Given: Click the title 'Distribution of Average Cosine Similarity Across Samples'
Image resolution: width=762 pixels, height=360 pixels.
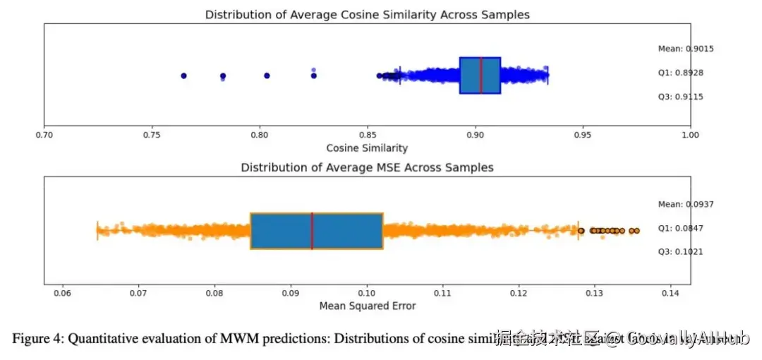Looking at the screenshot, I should click(x=367, y=14).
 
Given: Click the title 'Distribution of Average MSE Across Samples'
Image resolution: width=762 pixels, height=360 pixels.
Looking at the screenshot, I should click(x=367, y=167).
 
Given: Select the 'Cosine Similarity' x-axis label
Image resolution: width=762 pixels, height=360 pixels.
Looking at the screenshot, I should click(x=367, y=148).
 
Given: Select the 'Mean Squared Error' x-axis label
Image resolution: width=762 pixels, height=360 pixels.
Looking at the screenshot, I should click(x=367, y=306).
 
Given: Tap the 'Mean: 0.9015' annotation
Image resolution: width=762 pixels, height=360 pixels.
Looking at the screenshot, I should click(x=680, y=49).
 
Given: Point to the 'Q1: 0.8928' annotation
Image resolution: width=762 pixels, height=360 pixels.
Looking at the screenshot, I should click(x=680, y=73).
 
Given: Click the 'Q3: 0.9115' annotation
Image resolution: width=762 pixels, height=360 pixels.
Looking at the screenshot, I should click(x=680, y=97).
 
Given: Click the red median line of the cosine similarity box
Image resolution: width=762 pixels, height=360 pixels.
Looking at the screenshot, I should click(x=480, y=76).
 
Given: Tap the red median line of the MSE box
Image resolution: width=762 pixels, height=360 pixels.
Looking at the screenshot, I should click(x=312, y=231).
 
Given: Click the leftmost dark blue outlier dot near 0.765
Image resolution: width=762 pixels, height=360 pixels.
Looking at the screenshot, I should click(x=183, y=76).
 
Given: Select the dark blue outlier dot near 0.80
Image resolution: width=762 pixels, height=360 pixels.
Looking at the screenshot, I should click(x=267, y=76).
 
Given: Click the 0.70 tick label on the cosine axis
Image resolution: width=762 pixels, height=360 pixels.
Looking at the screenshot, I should click(x=44, y=134).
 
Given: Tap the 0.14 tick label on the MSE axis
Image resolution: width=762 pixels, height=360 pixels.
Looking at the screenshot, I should click(x=670, y=292).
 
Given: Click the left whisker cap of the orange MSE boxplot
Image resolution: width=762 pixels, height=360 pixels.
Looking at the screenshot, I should click(x=97, y=231).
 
